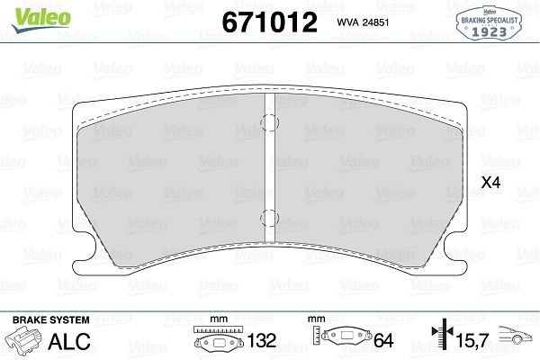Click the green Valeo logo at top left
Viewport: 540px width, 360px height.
point(41,20)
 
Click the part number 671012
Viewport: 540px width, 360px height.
point(269,22)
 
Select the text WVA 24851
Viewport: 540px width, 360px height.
point(363,22)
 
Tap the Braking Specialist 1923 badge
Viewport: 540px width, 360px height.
point(489,23)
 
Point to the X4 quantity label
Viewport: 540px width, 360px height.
point(490,183)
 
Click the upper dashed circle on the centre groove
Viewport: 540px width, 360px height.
point(269,122)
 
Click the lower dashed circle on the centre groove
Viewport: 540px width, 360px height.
point(269,218)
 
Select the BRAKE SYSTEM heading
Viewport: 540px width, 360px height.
point(51,320)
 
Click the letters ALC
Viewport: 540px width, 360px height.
point(69,341)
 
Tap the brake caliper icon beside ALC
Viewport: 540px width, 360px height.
point(24,341)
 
